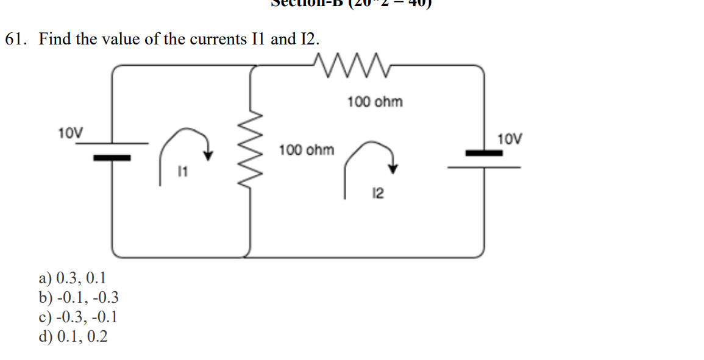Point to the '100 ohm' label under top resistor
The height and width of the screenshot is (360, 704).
[x=375, y=102]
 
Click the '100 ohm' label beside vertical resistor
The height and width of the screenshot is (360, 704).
[x=307, y=150]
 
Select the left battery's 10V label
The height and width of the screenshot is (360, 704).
[x=71, y=132]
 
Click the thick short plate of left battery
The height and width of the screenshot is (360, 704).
[x=112, y=158]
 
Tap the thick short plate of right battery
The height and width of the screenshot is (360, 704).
[x=484, y=153]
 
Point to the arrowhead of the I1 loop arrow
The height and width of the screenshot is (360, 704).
[x=208, y=155]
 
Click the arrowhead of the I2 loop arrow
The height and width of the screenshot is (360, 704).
[x=393, y=169]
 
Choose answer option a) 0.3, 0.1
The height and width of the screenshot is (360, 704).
[x=73, y=279]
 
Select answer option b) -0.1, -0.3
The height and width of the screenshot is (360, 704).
[x=79, y=298]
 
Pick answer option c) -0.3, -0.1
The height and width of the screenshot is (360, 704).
[x=79, y=317]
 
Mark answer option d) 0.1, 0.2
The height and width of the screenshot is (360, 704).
[x=73, y=336]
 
